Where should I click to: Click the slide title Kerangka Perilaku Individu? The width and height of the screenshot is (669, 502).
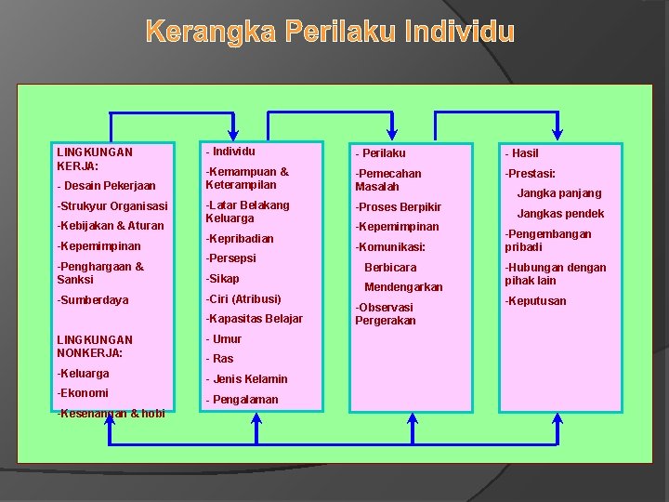(330, 33)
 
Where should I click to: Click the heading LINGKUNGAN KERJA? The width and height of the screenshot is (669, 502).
(94, 158)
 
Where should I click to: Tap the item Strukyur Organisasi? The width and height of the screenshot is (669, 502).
(112, 205)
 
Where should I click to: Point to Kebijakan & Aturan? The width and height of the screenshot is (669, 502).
(110, 226)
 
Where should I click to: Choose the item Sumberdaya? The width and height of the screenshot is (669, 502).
(93, 300)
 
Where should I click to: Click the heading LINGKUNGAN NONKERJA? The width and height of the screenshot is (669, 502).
(94, 346)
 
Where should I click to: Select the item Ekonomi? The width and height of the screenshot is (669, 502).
(83, 393)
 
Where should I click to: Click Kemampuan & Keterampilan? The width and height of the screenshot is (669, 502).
(247, 178)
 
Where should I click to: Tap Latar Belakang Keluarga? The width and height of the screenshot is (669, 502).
(247, 212)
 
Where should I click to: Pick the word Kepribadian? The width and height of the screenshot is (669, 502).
(240, 239)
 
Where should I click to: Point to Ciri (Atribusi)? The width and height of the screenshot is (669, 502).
(243, 298)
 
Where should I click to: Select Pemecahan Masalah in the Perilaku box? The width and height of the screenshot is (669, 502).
(388, 180)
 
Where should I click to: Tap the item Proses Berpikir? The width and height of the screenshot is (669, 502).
(398, 207)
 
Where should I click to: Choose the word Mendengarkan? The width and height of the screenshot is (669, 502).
(403, 287)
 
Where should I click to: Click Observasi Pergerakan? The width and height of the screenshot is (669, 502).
(385, 314)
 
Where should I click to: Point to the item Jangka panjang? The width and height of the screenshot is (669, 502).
(559, 193)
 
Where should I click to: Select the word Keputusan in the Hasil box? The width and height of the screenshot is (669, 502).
(535, 301)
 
